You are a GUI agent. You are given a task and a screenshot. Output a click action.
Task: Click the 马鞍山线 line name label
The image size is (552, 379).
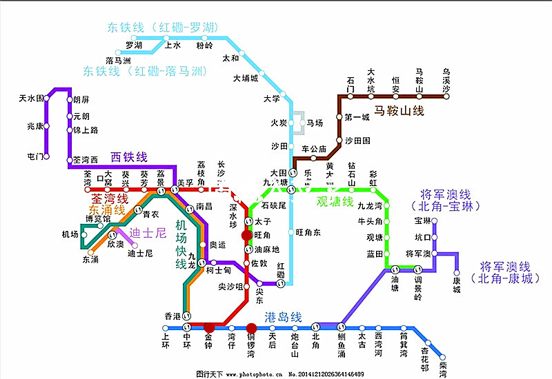pos(399,110)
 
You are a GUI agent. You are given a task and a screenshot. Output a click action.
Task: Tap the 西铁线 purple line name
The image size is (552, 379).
pos(129,157)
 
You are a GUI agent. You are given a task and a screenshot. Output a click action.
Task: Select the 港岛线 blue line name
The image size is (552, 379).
pos(286,318)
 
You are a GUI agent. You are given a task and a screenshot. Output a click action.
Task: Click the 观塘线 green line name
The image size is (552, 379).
pos(335,202)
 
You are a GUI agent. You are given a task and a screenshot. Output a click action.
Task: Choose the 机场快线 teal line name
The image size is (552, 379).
pos(181,245)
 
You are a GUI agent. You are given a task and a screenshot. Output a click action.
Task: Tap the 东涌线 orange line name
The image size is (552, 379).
pos(107,209)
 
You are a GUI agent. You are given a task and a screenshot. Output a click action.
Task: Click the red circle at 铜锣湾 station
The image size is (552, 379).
pos(252,328)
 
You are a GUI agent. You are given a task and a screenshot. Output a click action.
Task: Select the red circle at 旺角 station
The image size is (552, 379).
pos(247,236)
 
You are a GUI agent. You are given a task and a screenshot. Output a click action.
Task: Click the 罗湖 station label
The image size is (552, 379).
pos(134,45)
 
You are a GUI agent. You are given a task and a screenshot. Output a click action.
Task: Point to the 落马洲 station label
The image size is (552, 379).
pos(119,61)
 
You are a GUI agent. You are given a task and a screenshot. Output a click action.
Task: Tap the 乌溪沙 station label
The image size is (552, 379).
pos(446,81)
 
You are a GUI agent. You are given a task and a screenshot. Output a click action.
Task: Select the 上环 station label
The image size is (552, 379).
pos(165,341)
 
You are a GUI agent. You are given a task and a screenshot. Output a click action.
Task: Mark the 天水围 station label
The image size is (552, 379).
pos(31,99)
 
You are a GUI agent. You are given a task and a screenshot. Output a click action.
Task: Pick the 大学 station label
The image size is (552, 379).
pos(272,99)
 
